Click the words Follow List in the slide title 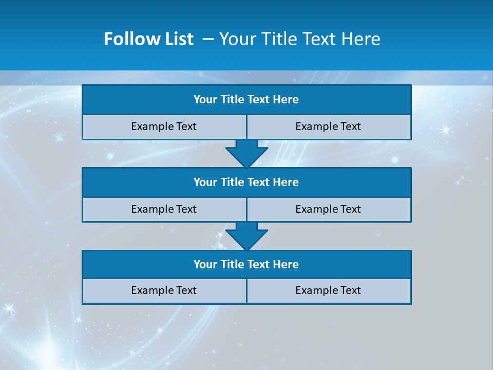148,39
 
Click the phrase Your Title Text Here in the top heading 299,39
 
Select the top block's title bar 246,100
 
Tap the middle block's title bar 246,182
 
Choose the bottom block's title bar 246,265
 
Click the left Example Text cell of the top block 164,127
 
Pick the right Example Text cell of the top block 328,127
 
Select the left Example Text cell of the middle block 164,210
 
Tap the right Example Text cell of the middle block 328,210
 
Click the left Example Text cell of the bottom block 164,291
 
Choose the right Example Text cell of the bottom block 328,291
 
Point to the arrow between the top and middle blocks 246,153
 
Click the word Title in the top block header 232,100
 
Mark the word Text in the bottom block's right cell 350,291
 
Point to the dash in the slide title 208,39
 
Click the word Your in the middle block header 205,182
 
